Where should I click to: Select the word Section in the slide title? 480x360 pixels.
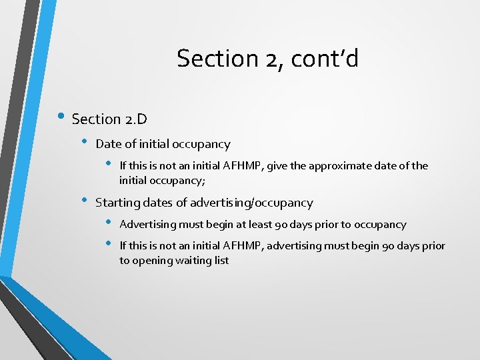tap(215, 59)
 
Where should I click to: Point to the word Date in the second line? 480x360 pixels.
tap(109, 144)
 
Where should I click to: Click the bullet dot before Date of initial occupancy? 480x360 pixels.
tap(85, 142)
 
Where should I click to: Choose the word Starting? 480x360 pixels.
tap(117, 203)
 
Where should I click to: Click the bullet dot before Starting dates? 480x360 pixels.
tap(85, 200)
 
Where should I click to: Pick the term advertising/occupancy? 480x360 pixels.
tap(251, 203)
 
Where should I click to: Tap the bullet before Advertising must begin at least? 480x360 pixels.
tap(109, 223)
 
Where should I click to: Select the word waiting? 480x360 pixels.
tap(192, 261)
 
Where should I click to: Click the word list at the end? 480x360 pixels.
tap(221, 261)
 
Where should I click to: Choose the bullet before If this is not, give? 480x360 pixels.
tap(109, 164)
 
